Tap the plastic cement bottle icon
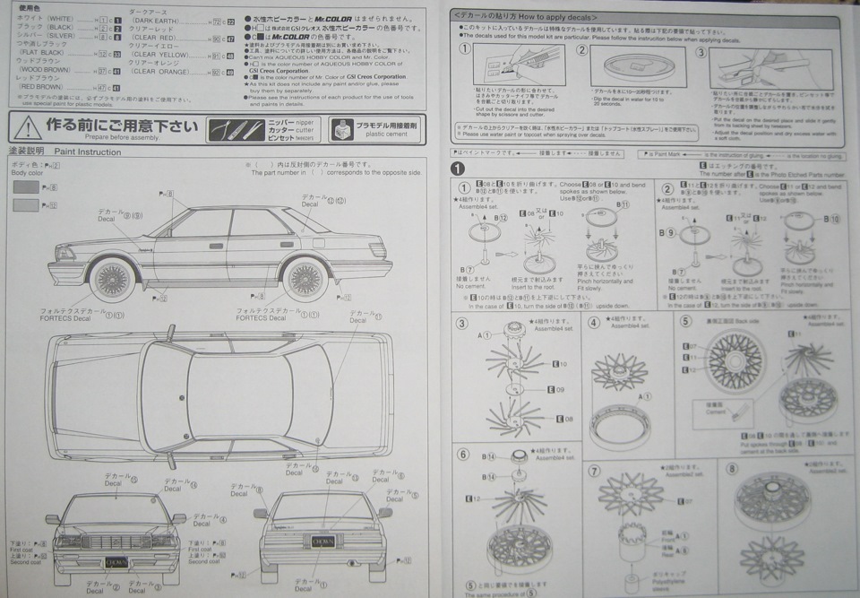point(340,129)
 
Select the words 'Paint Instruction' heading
point(87,152)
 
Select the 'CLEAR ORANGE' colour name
point(161,72)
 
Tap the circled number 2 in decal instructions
point(583,51)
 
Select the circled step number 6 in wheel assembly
point(463,454)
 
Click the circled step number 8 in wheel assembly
point(732,468)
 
